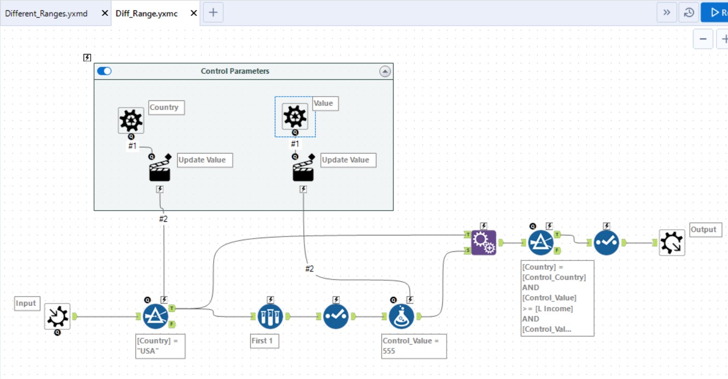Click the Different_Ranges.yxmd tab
pyautogui.click(x=46, y=13)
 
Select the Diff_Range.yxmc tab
pyautogui.click(x=146, y=13)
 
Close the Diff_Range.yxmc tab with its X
pyautogui.click(x=194, y=13)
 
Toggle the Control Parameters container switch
pyautogui.click(x=104, y=71)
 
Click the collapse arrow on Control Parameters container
pyautogui.click(x=385, y=72)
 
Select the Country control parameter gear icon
pyautogui.click(x=131, y=120)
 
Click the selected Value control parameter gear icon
pyautogui.click(x=295, y=116)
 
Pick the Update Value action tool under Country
pyautogui.click(x=160, y=170)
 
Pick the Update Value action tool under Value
pyautogui.click(x=303, y=170)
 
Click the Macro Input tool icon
pyautogui.click(x=57, y=316)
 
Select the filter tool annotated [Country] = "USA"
pyautogui.click(x=155, y=316)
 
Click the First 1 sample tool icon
pyautogui.click(x=270, y=316)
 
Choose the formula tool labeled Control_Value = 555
pyautogui.click(x=402, y=316)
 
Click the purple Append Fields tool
pyautogui.click(x=484, y=242)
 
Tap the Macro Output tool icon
pyautogui.click(x=672, y=242)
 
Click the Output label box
pyautogui.click(x=706, y=229)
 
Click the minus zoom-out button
pyautogui.click(x=703, y=39)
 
